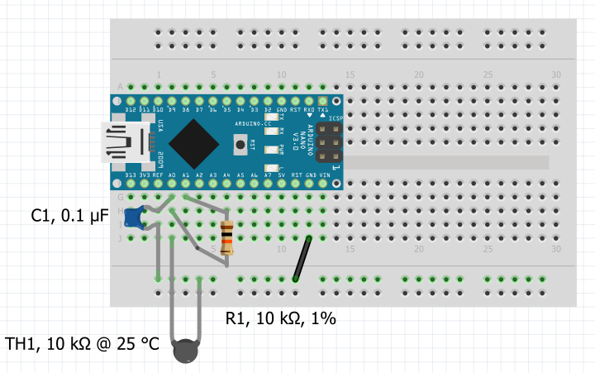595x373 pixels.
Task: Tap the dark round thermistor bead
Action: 185,352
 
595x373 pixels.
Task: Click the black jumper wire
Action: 302,259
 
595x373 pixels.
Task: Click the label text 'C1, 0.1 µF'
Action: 69,216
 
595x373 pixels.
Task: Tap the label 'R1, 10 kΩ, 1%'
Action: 281,318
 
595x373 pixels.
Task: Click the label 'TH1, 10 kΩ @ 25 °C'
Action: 82,343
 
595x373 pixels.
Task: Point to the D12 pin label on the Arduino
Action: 130,110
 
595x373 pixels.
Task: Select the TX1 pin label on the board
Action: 323,110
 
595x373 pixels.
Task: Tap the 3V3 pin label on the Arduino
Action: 144,176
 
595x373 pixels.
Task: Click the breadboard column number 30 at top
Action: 555,74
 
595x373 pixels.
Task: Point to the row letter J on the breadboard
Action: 121,238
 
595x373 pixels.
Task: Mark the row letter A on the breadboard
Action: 121,87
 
